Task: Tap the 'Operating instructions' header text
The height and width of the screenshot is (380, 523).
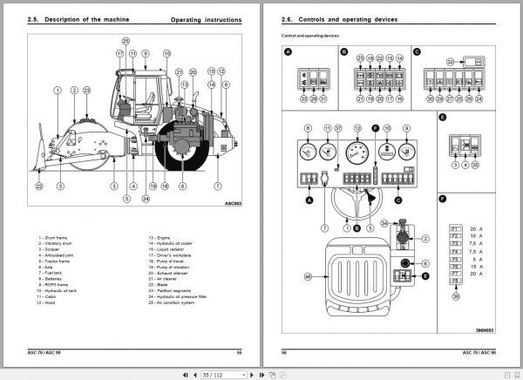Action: pos(207,18)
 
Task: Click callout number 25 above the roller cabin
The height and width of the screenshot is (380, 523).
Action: pos(125,41)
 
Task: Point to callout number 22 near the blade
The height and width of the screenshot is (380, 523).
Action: pos(39,186)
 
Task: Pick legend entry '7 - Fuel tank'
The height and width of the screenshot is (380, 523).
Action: pos(52,274)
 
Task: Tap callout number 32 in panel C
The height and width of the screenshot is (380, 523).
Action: pos(451,62)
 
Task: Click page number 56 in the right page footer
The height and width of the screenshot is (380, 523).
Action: pos(283,351)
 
